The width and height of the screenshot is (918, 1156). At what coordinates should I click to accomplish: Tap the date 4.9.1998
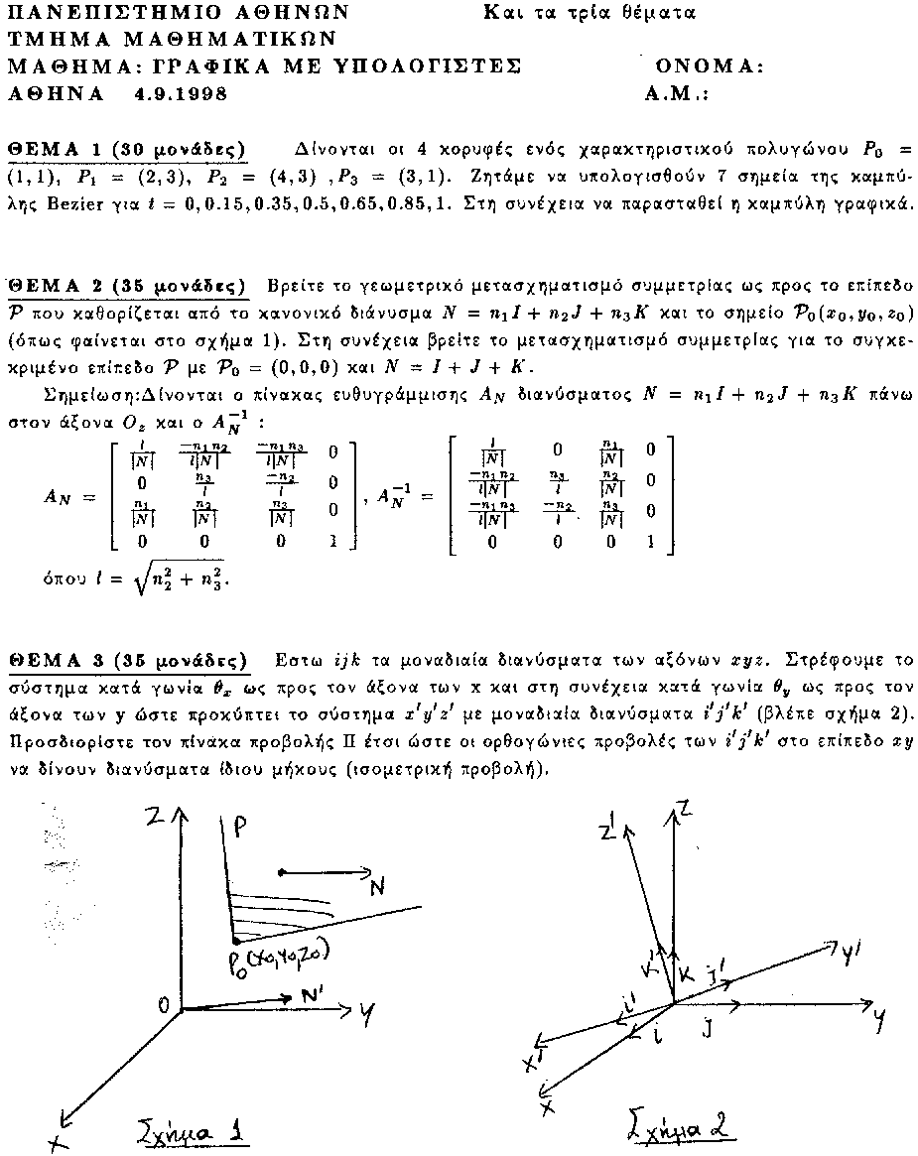pyautogui.click(x=180, y=94)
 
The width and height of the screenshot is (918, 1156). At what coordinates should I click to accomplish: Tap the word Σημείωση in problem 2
pyautogui.click(x=94, y=393)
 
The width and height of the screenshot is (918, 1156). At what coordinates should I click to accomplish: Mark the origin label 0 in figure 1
pyautogui.click(x=163, y=1005)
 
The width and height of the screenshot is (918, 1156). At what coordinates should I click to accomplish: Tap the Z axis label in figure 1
pyautogui.click(x=153, y=816)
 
